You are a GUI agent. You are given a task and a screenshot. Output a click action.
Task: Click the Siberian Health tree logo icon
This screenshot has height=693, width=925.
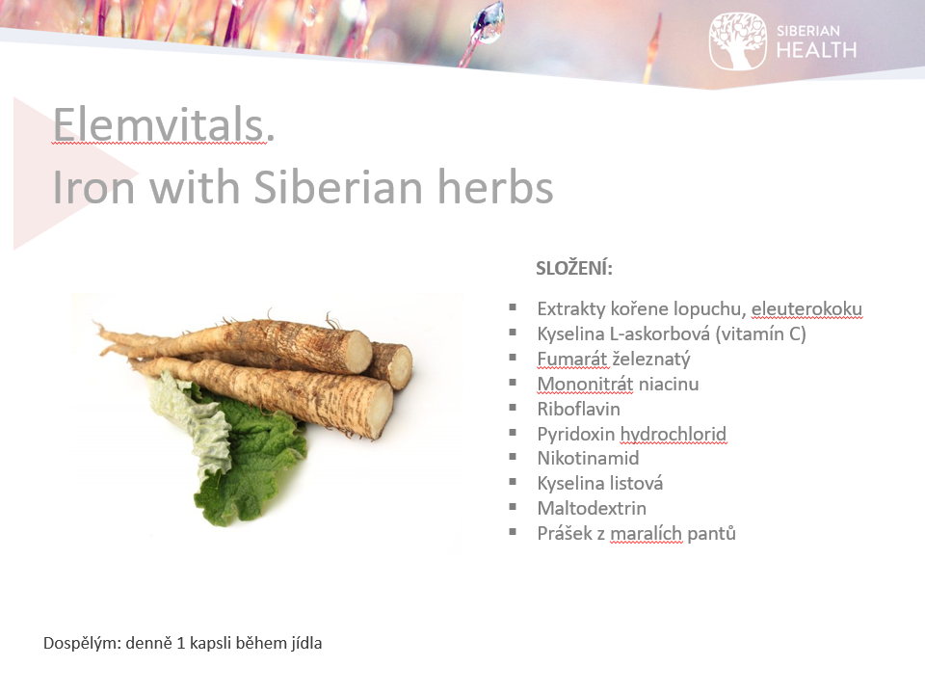pos(737,41)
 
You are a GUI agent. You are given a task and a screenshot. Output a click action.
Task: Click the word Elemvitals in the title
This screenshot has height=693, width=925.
pos(159,124)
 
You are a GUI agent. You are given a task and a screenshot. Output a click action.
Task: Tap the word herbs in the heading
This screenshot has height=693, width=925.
pos(495,187)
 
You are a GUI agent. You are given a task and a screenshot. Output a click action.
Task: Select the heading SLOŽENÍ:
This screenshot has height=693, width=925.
pos(574,269)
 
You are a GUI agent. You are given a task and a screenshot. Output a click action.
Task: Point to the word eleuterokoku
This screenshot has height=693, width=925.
pos(806,308)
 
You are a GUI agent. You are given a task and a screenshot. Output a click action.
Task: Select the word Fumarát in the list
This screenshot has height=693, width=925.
pos(571,359)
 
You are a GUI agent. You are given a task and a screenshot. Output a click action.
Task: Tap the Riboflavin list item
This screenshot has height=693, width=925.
pos(578,409)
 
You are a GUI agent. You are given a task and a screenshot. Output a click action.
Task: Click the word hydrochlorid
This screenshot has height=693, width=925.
pos(674,434)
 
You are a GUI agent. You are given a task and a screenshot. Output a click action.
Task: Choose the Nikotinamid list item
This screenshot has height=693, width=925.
pos(588,458)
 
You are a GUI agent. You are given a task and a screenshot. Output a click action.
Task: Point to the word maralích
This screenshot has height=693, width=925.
pos(646,533)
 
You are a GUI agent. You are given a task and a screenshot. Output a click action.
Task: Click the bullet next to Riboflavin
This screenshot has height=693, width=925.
pos(513,408)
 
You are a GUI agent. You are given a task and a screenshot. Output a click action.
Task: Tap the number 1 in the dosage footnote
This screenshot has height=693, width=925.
pos(180,643)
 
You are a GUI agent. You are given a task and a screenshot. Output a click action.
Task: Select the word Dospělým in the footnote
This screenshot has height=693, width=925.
pos(82,644)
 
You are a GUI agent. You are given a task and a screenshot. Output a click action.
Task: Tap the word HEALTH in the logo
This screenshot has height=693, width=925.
pos(816,51)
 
